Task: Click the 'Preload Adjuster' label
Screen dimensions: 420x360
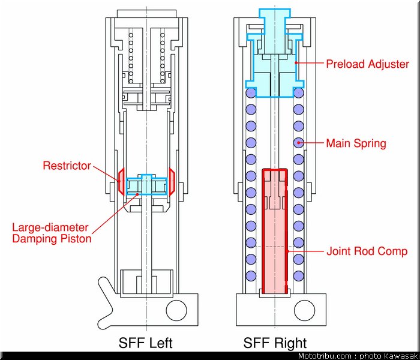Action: (x=367, y=64)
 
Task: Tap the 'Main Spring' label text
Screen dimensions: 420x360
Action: (x=356, y=143)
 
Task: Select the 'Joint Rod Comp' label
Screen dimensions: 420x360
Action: (x=367, y=251)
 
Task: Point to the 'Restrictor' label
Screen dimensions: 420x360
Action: (x=67, y=166)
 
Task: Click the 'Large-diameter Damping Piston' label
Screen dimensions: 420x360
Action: (x=52, y=233)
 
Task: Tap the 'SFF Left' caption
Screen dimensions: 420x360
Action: (x=145, y=343)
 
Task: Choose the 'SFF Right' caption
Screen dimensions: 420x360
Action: (x=275, y=343)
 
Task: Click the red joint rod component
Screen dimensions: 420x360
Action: (x=275, y=232)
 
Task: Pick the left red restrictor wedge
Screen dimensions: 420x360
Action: (x=121, y=181)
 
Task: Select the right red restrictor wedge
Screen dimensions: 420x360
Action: (x=172, y=181)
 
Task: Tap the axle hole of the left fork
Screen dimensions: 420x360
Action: (x=176, y=311)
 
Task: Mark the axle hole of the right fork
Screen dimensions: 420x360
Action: (x=304, y=311)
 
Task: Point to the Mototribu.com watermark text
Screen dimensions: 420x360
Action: (x=358, y=356)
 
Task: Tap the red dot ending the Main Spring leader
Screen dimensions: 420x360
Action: (x=299, y=143)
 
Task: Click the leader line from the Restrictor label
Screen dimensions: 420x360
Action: (x=107, y=173)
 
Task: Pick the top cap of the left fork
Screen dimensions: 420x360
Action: (x=146, y=14)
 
